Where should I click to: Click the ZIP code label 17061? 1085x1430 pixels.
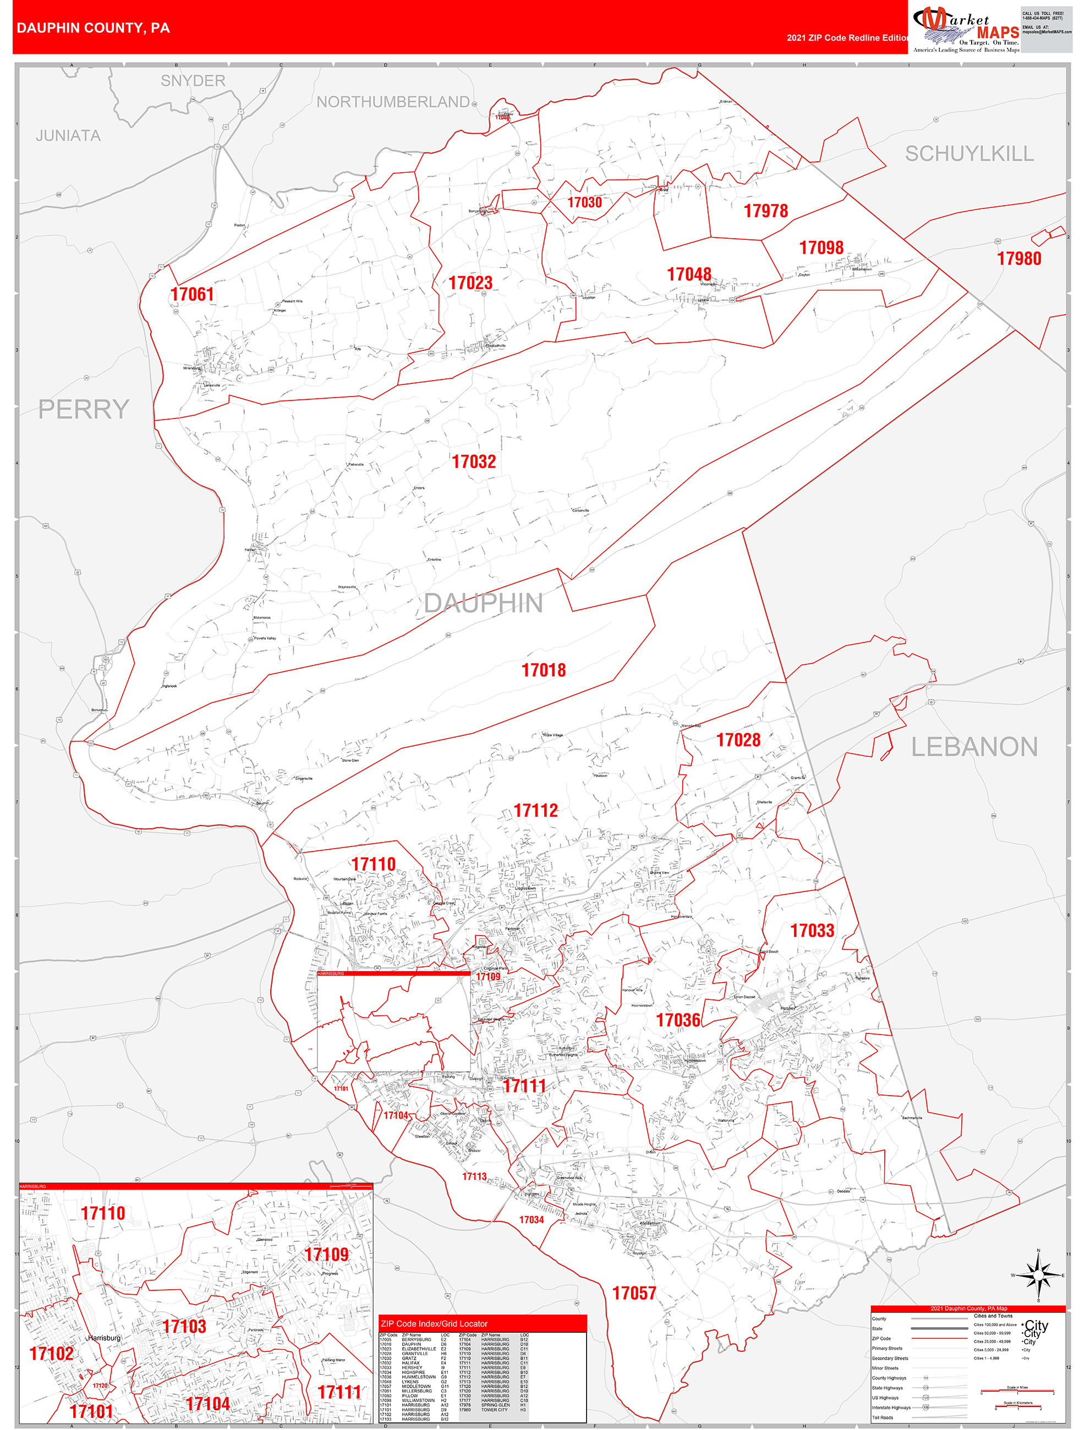(192, 295)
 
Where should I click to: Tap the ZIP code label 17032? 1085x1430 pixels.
(473, 461)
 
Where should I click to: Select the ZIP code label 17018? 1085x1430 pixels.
(543, 670)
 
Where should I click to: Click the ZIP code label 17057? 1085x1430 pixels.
(634, 1294)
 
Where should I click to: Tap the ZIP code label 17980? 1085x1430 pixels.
(1019, 259)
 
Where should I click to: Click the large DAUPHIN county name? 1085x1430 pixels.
(483, 603)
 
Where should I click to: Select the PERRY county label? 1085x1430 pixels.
(84, 409)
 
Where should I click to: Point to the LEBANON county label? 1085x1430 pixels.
(974, 747)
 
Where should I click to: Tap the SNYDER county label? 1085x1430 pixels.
(193, 81)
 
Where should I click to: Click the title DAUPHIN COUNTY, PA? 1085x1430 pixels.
(93, 28)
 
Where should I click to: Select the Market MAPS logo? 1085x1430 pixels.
(966, 29)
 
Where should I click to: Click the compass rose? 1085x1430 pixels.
(1038, 1275)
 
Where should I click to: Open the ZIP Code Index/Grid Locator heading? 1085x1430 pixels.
(434, 1323)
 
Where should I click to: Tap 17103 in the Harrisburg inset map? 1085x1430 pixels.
(184, 1327)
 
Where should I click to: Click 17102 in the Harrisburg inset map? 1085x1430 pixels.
(51, 1354)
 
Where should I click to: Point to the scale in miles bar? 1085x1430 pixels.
(1017, 1391)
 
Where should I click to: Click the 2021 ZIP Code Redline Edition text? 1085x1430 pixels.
(848, 38)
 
